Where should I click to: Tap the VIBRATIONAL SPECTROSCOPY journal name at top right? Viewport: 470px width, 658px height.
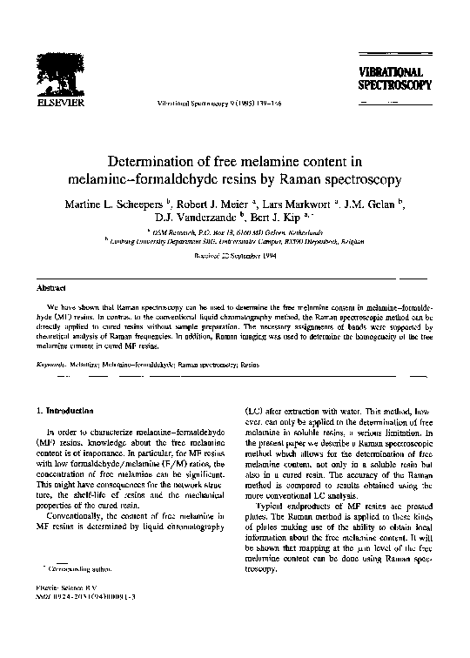coord(391,78)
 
